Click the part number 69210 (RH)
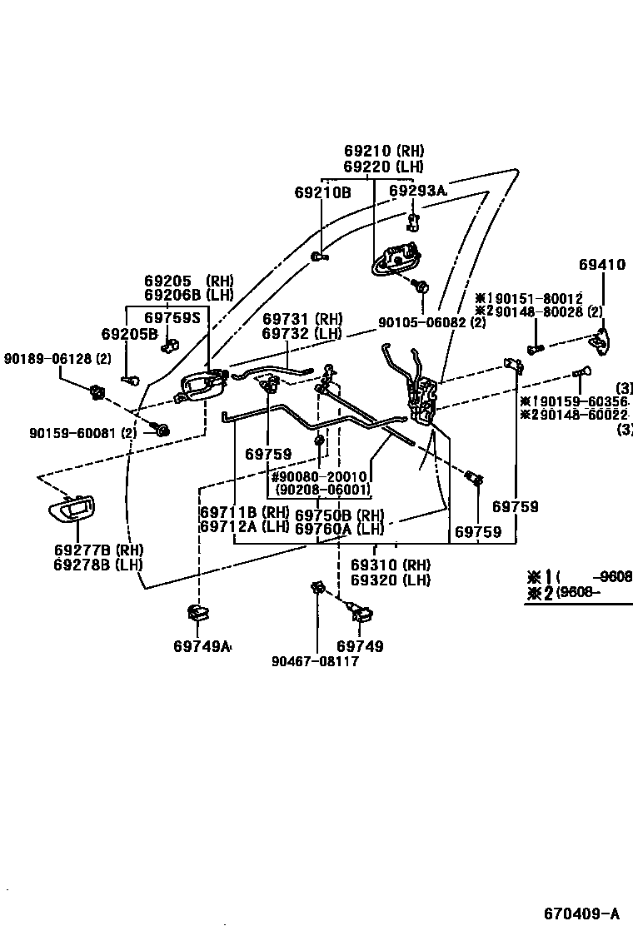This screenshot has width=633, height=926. click(x=384, y=152)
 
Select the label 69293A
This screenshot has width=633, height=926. click(x=417, y=192)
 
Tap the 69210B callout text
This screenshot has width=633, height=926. click(x=322, y=192)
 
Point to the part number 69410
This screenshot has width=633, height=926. click(x=601, y=266)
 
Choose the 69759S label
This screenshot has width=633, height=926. click(x=172, y=318)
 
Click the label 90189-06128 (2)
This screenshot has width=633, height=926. click(x=57, y=359)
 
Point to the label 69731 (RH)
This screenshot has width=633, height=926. click(x=302, y=319)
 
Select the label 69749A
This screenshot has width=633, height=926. click(x=202, y=646)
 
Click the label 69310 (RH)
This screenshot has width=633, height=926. click(x=390, y=565)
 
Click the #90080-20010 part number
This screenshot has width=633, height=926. click(x=320, y=476)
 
